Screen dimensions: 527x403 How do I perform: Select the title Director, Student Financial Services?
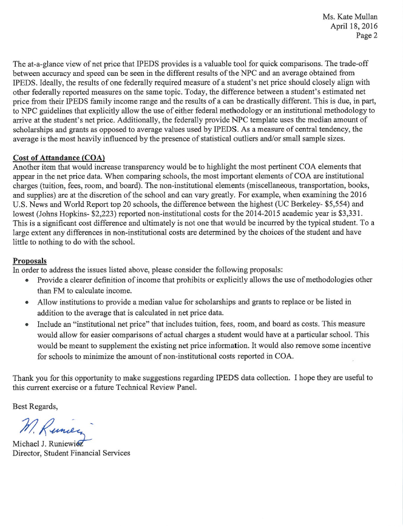(x=71, y=452)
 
